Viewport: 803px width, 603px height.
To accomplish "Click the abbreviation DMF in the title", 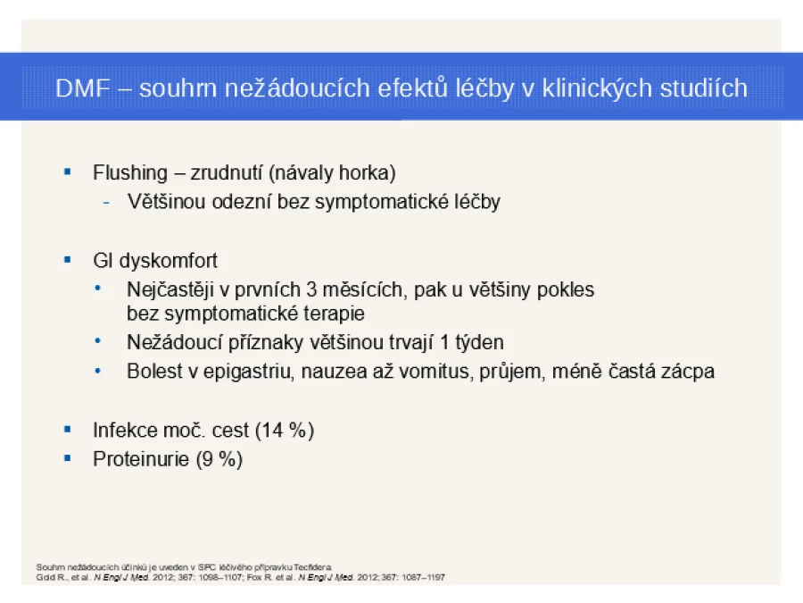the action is click(83, 88).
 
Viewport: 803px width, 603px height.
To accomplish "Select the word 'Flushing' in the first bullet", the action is click(130, 172).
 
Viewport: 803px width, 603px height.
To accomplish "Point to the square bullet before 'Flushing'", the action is click(68, 172).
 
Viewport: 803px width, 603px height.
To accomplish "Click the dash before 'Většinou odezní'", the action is click(106, 203).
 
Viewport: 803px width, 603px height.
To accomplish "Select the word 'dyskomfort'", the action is click(169, 261).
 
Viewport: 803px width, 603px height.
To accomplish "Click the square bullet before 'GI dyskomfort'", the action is click(68, 260).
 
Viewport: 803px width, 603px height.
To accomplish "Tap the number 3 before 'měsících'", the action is click(311, 289).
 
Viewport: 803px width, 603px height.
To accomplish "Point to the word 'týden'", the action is click(479, 342).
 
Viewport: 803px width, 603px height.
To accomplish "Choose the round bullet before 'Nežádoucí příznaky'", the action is click(98, 340).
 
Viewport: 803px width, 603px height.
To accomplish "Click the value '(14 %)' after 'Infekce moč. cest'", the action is click(285, 431).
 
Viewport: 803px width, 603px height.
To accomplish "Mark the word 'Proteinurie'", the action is click(141, 459).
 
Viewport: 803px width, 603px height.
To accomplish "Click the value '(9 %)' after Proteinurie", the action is click(219, 459).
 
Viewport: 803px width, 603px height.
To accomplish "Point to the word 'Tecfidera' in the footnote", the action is click(312, 567).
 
